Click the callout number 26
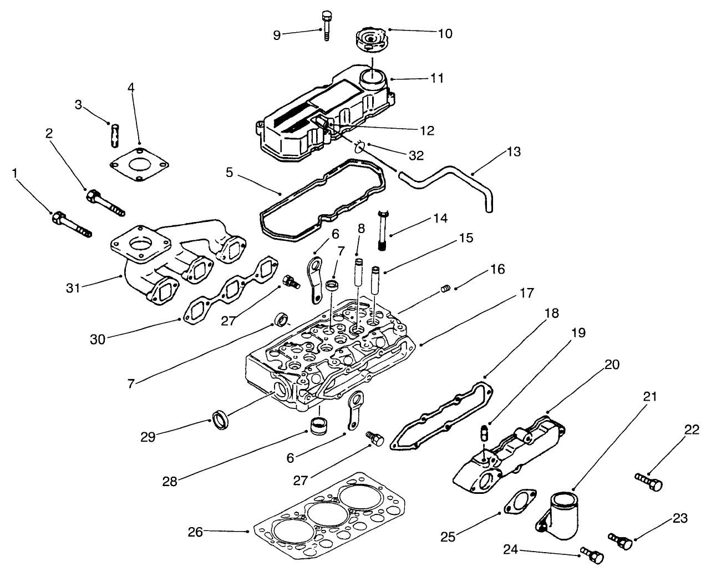[x=195, y=532]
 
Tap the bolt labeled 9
[x=326, y=25]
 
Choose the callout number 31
[x=73, y=288]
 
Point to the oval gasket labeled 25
[x=519, y=502]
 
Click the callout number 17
[x=527, y=292]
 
